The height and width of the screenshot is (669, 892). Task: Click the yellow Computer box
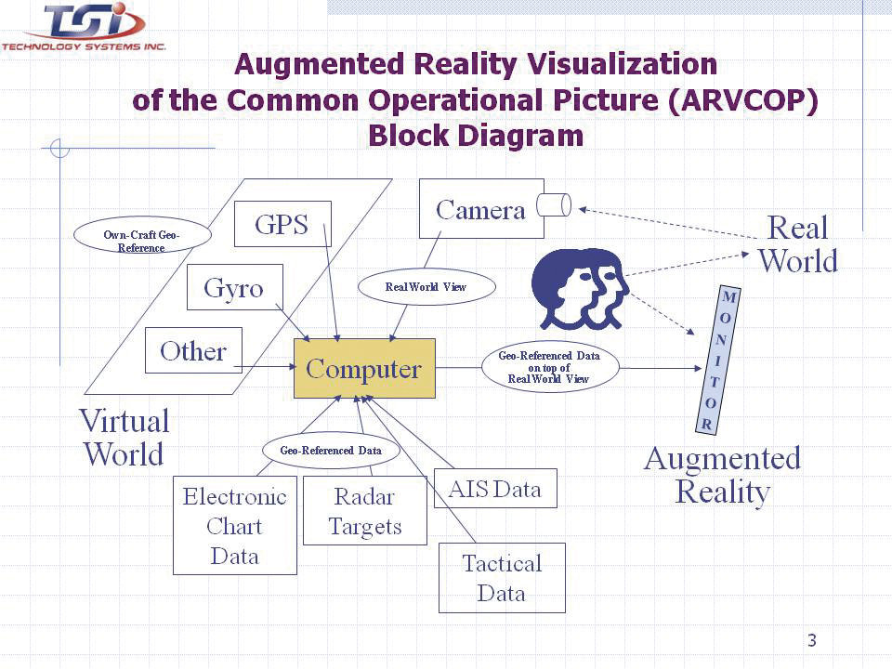(364, 369)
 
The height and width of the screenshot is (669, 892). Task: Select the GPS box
(282, 224)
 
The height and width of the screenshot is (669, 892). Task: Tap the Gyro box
(234, 288)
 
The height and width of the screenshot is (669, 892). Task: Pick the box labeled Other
(193, 351)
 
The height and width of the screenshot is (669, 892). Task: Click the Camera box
(480, 209)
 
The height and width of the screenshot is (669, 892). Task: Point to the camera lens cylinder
(554, 205)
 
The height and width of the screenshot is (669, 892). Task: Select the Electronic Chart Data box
(235, 526)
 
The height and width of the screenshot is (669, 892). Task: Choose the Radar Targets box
(365, 512)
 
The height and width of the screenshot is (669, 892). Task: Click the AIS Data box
(495, 489)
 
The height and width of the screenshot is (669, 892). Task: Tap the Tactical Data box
(502, 578)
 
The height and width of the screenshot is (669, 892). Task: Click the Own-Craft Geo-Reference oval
(141, 237)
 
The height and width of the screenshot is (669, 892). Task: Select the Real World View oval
(426, 287)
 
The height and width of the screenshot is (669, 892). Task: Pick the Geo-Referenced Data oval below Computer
(332, 450)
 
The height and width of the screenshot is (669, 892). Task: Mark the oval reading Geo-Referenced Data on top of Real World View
(549, 367)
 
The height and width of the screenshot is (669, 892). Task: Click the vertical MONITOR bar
(715, 361)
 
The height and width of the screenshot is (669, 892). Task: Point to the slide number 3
(812, 640)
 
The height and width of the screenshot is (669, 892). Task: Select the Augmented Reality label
(722, 474)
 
